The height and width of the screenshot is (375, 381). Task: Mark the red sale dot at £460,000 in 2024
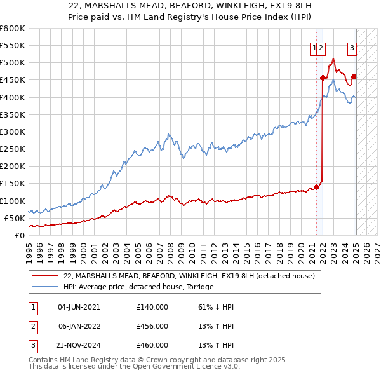[354, 77]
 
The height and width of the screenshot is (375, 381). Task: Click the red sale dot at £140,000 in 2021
[316, 187]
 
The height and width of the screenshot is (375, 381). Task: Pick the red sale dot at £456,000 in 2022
[323, 78]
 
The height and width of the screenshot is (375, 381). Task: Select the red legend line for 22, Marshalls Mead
[46, 276]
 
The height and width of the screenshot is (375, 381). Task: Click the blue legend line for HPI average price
[46, 287]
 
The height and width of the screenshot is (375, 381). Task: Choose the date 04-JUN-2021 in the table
[79, 307]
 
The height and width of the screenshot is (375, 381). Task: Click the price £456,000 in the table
[152, 326]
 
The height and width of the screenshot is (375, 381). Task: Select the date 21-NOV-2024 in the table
[79, 345]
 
